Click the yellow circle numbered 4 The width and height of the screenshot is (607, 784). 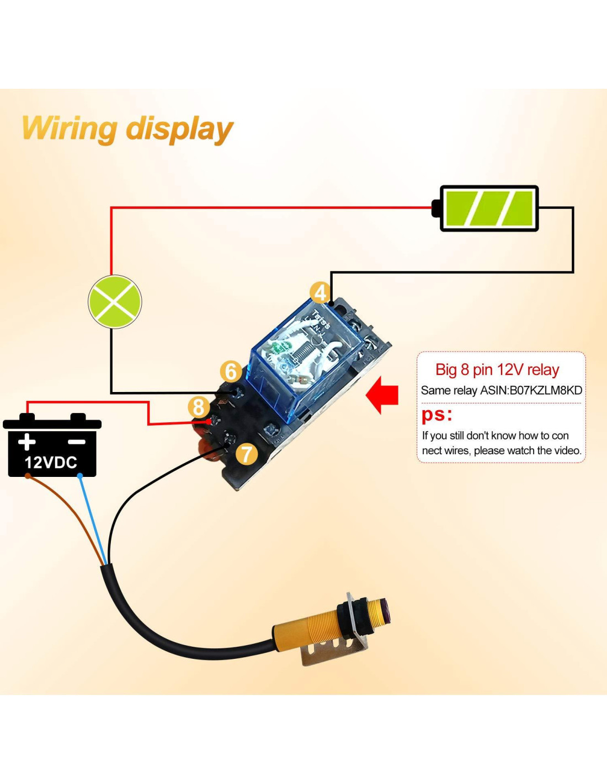(x=320, y=293)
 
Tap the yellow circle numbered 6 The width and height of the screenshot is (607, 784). (x=231, y=371)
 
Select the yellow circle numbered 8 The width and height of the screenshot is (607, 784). (x=199, y=407)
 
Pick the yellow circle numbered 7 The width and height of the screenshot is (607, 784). (x=247, y=454)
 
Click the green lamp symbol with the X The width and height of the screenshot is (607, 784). (x=115, y=302)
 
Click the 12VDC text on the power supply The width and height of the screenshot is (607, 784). (x=51, y=462)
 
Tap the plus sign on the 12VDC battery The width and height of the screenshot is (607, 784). (x=26, y=442)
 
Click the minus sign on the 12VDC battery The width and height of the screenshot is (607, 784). (x=77, y=442)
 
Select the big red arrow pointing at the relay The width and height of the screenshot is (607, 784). (x=382, y=394)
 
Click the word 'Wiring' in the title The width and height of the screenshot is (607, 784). (x=69, y=128)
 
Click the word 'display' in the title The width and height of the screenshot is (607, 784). (x=179, y=130)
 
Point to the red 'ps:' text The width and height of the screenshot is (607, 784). (x=436, y=414)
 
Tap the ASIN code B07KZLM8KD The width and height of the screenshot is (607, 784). (x=545, y=390)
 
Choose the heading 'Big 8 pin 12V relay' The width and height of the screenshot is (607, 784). (x=497, y=369)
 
